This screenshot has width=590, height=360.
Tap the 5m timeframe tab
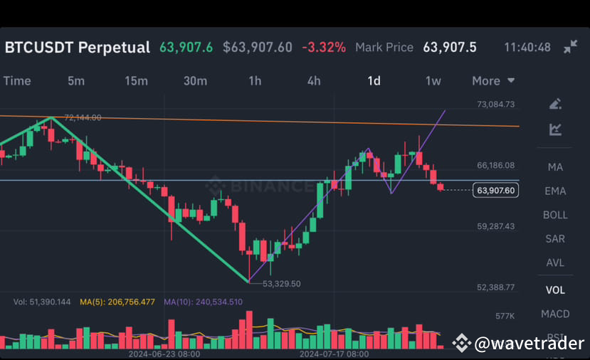pyautogui.click(x=76, y=80)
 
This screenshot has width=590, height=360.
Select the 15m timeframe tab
pyautogui.click(x=136, y=80)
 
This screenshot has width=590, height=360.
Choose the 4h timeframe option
pyautogui.click(x=314, y=80)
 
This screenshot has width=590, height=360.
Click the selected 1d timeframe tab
pyautogui.click(x=374, y=80)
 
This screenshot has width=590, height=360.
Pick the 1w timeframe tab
pyautogui.click(x=433, y=80)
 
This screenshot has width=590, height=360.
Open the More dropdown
pyautogui.click(x=492, y=80)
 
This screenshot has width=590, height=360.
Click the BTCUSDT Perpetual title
pyautogui.click(x=78, y=48)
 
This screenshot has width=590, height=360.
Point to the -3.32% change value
pyautogui.click(x=324, y=48)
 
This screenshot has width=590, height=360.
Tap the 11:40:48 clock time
pyautogui.click(x=527, y=48)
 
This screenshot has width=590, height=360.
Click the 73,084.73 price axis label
pyautogui.click(x=496, y=105)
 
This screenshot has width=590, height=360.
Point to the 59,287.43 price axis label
pyautogui.click(x=496, y=226)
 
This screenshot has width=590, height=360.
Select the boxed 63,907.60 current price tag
pyautogui.click(x=496, y=190)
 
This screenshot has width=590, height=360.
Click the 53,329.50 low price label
pyautogui.click(x=282, y=283)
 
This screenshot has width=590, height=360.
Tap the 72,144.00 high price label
pyautogui.click(x=83, y=117)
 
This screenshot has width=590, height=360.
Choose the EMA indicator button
pyautogui.click(x=555, y=191)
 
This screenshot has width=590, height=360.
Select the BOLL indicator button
pyautogui.click(x=555, y=215)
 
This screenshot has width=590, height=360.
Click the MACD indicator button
pyautogui.click(x=555, y=314)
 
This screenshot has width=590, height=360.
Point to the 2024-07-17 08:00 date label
pyautogui.click(x=334, y=353)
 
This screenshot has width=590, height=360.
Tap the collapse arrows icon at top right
pyautogui.click(x=570, y=47)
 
